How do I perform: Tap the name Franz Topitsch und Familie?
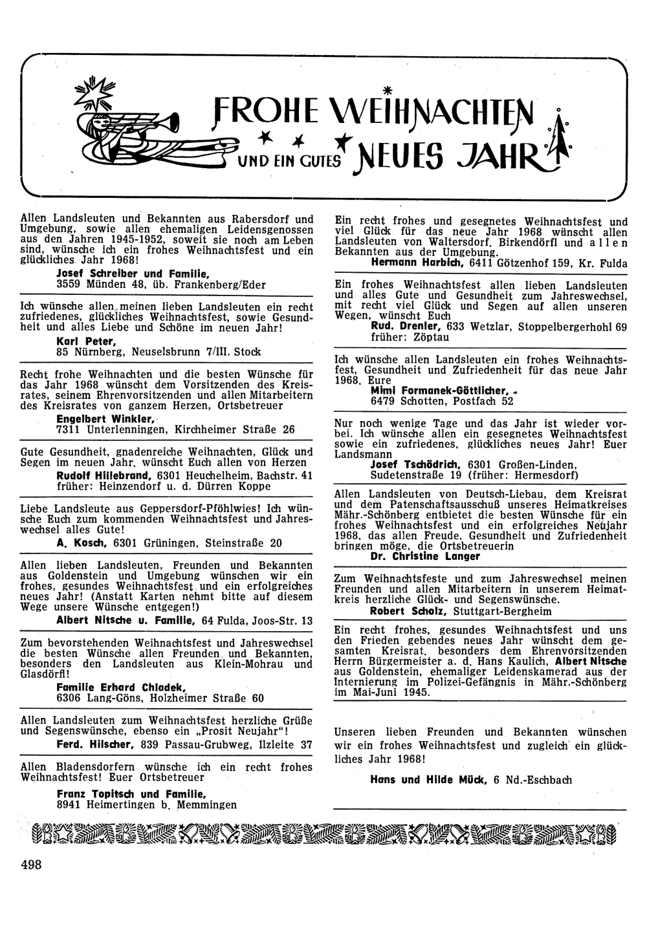pos(131,794)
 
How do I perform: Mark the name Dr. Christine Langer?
pos(425,556)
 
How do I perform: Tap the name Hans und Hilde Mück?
pos(428,780)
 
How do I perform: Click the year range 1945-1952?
pos(124,238)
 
